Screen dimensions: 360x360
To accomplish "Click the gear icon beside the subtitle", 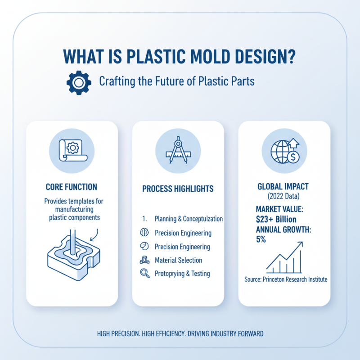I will click(79, 82).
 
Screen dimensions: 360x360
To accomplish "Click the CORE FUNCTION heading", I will click(72, 187).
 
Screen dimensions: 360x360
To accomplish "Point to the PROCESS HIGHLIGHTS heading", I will click(178, 189).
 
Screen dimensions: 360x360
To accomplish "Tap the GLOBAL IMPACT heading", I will click(284, 186).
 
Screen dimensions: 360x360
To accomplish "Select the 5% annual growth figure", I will click(261, 239).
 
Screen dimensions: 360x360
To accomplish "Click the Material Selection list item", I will click(178, 260).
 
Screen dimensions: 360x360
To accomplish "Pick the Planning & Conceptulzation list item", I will click(189, 219).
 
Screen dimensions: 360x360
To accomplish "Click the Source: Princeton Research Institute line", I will click(286, 279).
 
